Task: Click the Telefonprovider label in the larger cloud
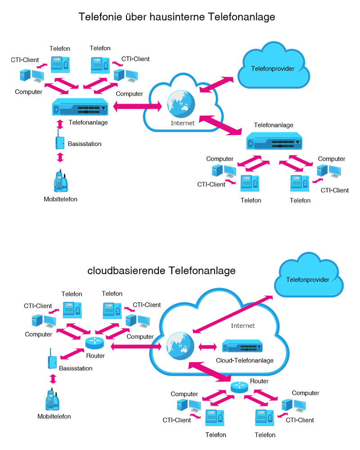pos(273,69)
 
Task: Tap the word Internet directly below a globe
pos(182,123)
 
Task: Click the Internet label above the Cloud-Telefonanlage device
pos(243,325)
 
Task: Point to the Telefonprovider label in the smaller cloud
pos(308,279)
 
